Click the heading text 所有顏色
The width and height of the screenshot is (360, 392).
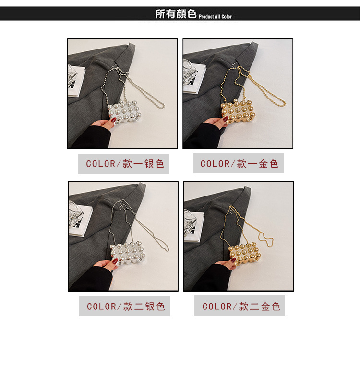point(176,14)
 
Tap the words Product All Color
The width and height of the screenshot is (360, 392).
point(215,16)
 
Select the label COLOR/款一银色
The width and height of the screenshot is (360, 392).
point(125,164)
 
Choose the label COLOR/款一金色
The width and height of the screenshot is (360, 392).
point(240,164)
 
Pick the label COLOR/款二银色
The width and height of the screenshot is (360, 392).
point(126,306)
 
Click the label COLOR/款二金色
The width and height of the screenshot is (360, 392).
point(241,306)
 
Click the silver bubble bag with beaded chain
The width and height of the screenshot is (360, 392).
point(124,112)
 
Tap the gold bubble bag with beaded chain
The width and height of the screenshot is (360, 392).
point(239,111)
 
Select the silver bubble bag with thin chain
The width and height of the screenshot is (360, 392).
point(128,253)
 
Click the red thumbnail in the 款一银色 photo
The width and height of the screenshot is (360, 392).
point(114,120)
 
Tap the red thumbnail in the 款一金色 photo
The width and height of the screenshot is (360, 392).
point(226,119)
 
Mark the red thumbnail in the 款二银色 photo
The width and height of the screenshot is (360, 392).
point(115,262)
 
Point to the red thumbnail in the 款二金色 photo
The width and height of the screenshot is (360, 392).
point(233,260)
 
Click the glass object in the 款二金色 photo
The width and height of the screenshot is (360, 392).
point(191,224)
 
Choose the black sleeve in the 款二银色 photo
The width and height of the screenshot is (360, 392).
point(92,279)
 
